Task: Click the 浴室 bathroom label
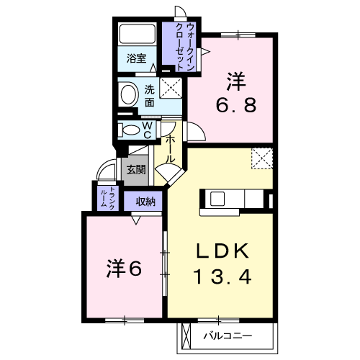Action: pos(136,58)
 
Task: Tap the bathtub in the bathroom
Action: pos(137,34)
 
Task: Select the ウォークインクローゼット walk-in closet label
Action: pos(185,47)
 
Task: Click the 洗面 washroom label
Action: pos(149,96)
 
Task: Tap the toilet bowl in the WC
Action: pos(129,130)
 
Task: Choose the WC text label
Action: pos(147,130)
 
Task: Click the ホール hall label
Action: pos(170,149)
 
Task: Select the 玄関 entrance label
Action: pos(136,170)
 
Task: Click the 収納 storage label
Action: pos(145,202)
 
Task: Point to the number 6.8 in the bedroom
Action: pos(236,106)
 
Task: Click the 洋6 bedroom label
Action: pos(124,268)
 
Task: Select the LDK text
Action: pos(222,251)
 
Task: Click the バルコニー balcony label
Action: pos(228,336)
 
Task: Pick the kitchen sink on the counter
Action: pos(217,199)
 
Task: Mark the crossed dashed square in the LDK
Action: pos(262,158)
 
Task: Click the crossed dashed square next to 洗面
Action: pos(171,88)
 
